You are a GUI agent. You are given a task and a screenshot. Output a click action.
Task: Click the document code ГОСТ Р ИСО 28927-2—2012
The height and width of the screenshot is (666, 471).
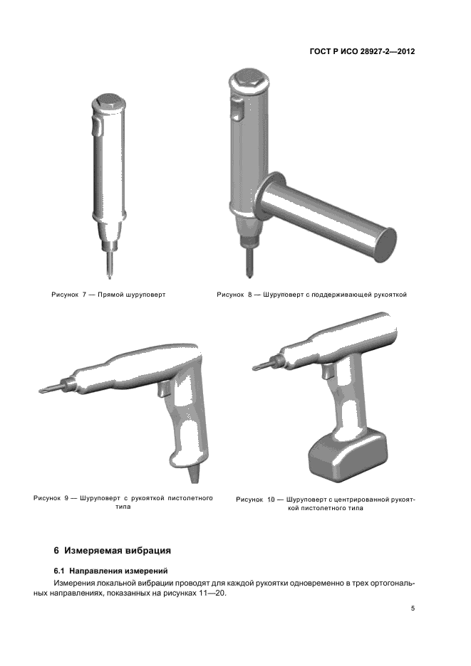pyautogui.click(x=362, y=52)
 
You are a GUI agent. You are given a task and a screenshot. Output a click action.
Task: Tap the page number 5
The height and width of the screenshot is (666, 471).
pyautogui.click(x=413, y=608)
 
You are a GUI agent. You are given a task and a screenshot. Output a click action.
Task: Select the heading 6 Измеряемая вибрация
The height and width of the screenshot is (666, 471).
pyautogui.click(x=113, y=551)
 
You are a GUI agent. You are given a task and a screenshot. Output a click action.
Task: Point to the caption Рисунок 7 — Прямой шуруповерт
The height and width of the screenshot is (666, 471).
pyautogui.click(x=108, y=295)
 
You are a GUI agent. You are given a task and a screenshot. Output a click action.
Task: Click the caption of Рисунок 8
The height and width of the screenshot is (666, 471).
pyautogui.click(x=312, y=295)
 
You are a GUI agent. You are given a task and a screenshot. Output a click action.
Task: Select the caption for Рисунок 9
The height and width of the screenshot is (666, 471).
pyautogui.click(x=123, y=502)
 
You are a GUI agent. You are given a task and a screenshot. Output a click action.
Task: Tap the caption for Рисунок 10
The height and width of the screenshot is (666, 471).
pyautogui.click(x=326, y=504)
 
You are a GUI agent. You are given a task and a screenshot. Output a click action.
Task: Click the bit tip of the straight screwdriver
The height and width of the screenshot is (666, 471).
pyautogui.click(x=109, y=277)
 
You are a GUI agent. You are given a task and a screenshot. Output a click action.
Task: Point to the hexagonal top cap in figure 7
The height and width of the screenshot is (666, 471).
pyautogui.click(x=108, y=100)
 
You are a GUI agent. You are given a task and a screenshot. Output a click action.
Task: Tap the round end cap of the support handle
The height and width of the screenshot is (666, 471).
pyautogui.click(x=385, y=245)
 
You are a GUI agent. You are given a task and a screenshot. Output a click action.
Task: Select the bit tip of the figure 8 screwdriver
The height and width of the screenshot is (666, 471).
pyautogui.click(x=249, y=275)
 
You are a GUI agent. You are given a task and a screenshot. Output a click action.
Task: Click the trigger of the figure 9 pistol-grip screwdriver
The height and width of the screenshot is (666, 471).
pyautogui.click(x=165, y=388)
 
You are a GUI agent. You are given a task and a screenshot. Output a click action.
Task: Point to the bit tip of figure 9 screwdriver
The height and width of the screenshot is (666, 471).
pyautogui.click(x=41, y=391)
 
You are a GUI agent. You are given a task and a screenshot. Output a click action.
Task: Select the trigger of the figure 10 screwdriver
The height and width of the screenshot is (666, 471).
pyautogui.click(x=328, y=372)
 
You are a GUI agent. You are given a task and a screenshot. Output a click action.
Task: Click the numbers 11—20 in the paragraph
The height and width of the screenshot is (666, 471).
pyautogui.click(x=212, y=593)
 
